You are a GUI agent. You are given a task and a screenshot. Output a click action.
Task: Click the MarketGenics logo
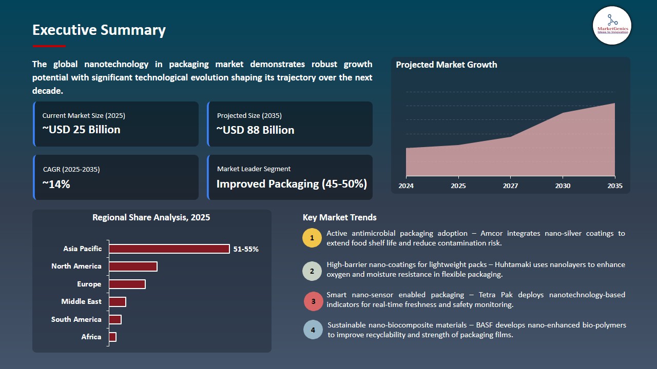coord(612,25)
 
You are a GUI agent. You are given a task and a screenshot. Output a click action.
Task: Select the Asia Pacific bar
coord(169,249)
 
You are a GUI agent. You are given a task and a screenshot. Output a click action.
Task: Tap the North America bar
coord(133,266)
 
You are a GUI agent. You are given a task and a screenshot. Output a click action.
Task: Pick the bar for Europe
coord(127,284)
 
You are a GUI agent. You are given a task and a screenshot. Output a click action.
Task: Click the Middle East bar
coord(118,302)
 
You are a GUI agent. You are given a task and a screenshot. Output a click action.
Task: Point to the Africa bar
coord(113,337)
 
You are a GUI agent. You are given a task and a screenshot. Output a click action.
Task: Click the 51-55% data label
coord(246,249)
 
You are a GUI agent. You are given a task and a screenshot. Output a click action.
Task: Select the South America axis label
coord(76,319)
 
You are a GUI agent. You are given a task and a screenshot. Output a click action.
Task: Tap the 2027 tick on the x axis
coord(510,186)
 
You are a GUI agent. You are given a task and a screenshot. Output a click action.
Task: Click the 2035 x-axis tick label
coord(614,186)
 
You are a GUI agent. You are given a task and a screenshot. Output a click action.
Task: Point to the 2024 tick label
coord(406,186)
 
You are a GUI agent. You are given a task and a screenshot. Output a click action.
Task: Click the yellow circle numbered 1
coord(312,238)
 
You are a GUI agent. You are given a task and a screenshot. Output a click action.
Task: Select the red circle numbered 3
coord(313,301)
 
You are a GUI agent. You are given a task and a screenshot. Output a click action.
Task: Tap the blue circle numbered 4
coord(313,330)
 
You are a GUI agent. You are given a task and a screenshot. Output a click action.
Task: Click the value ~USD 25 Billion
coord(81,130)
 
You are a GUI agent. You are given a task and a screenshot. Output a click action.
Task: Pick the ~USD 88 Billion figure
coord(255,130)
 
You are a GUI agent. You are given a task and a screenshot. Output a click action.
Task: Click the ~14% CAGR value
coord(56,184)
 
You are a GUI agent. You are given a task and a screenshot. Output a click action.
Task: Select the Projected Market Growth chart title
coord(446,65)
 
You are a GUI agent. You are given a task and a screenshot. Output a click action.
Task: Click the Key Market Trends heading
coord(339,217)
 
